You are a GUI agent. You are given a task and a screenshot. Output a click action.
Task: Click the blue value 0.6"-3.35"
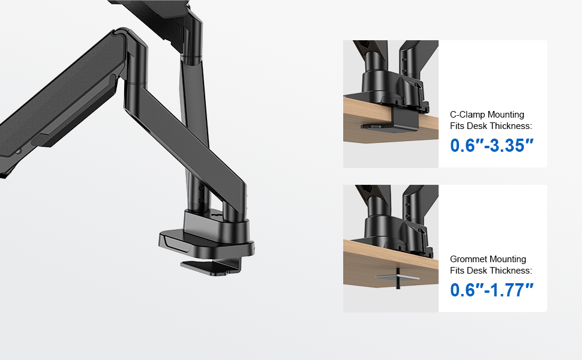[492, 145]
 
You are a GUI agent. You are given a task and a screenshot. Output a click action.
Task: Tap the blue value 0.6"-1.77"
[492, 290]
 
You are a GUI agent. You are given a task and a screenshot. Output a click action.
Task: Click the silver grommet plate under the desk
[398, 277]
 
